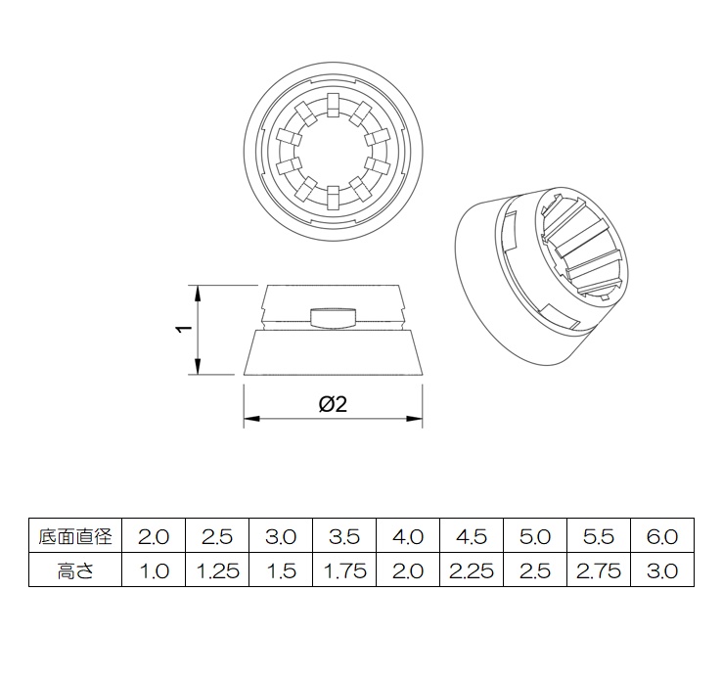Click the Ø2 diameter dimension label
pos(333,404)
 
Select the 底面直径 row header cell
pos(75,536)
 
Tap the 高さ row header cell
pos(75,570)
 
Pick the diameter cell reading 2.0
pos(154,536)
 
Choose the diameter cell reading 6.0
pos(662,536)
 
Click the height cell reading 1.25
pos(217,570)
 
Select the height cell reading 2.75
pos(599,570)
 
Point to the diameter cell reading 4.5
pos(472,536)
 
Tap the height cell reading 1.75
pos(344,570)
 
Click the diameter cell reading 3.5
pos(344,536)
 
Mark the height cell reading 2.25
pos(472,570)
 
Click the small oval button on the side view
pos(333,316)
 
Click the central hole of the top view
pos(333,150)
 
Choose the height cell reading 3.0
pos(662,570)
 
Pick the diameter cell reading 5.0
pos(535,536)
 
